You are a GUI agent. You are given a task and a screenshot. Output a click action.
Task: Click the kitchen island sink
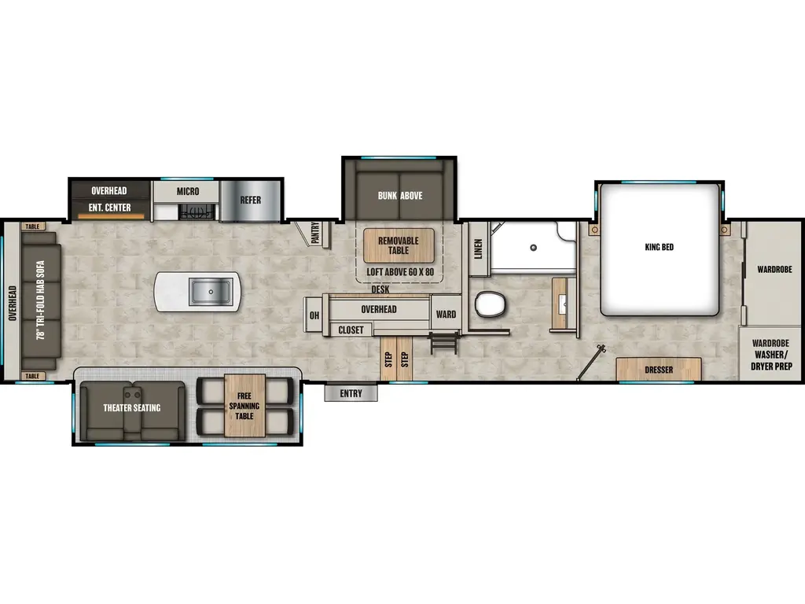click(x=211, y=293)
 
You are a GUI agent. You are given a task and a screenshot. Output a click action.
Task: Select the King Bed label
click(x=659, y=248)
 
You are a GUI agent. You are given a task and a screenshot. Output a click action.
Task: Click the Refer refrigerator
click(x=250, y=200)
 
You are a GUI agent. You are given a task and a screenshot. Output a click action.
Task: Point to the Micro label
click(x=187, y=191)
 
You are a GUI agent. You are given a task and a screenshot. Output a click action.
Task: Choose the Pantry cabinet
click(x=314, y=234)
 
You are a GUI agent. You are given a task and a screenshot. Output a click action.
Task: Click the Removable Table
click(x=399, y=245)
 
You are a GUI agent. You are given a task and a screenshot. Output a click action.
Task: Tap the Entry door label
click(x=351, y=393)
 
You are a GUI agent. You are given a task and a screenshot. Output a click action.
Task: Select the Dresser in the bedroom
click(x=658, y=370)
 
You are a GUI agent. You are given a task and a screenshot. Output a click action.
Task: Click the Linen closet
click(x=478, y=249)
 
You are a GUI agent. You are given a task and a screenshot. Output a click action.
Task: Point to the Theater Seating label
click(x=131, y=407)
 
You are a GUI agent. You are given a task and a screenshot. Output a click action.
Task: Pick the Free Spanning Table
click(x=244, y=406)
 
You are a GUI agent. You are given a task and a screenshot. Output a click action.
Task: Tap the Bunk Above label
click(x=399, y=196)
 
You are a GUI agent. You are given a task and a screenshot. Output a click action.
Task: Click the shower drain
click(x=533, y=248)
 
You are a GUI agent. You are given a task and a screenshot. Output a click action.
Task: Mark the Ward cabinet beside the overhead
click(x=446, y=315)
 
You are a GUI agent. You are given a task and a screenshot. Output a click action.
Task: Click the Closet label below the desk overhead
click(x=351, y=330)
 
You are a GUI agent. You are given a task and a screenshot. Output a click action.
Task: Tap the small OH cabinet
click(x=314, y=315)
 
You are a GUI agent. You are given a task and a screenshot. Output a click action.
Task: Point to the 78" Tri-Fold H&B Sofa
click(x=39, y=301)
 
